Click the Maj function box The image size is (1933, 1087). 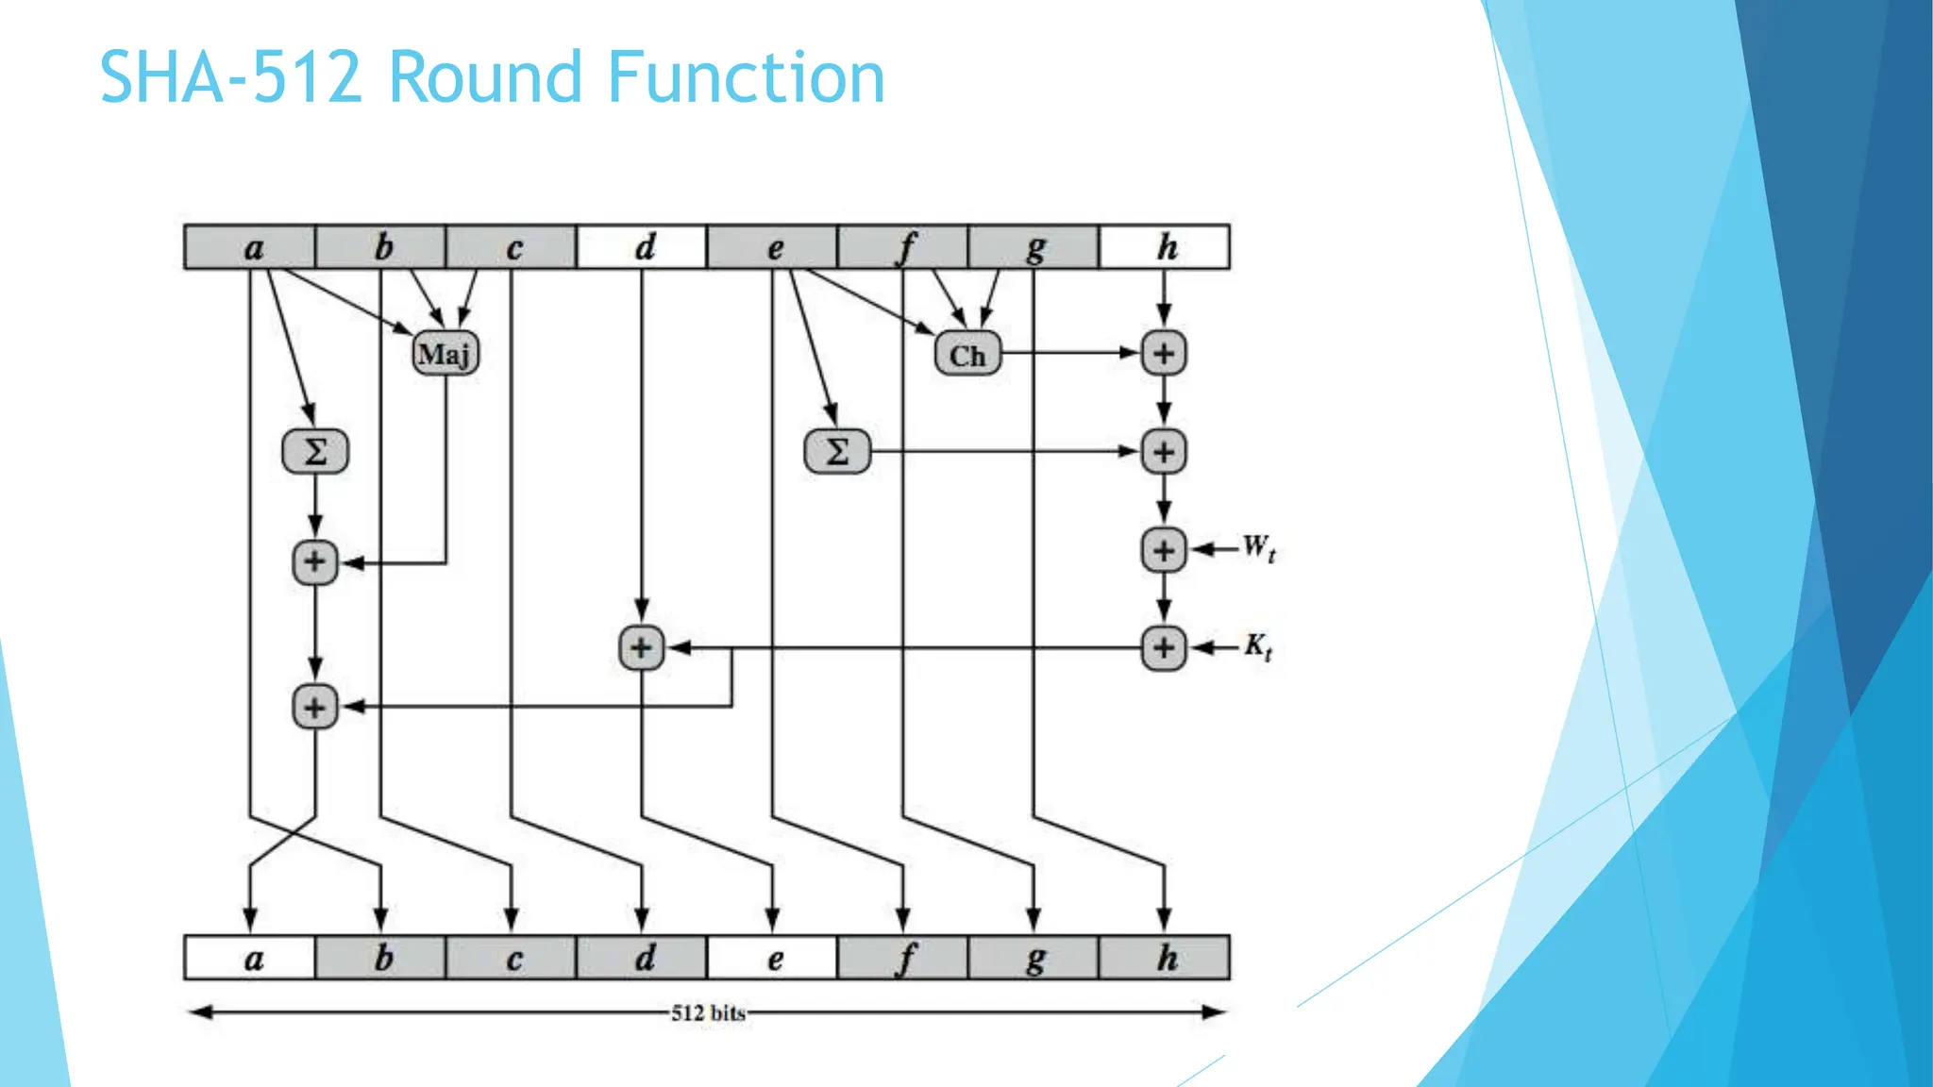(445, 354)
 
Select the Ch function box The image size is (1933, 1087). (967, 355)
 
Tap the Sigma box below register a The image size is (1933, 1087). (315, 451)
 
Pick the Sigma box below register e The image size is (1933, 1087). (837, 451)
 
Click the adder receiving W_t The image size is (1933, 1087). (1164, 550)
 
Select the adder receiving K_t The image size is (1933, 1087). (1164, 648)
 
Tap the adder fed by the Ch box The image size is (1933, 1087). (1164, 354)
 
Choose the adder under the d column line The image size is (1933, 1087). (642, 648)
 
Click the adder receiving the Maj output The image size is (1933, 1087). (315, 562)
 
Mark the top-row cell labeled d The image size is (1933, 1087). (642, 247)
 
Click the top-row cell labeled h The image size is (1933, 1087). (1165, 247)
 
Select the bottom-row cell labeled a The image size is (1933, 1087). (250, 958)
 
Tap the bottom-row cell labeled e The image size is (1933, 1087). (772, 958)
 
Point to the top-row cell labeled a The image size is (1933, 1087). (250, 247)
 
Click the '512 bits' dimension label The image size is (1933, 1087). (708, 1013)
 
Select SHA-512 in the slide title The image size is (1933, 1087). (231, 77)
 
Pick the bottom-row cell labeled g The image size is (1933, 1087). (1034, 958)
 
